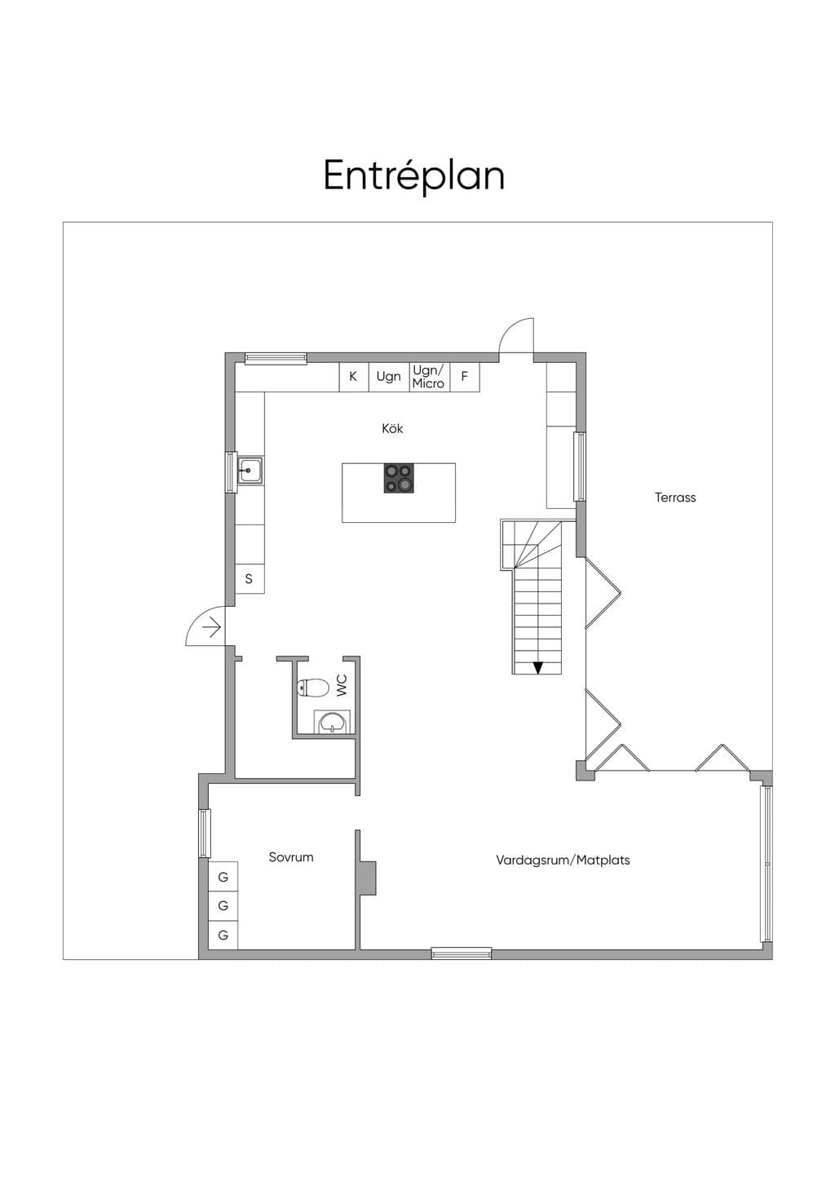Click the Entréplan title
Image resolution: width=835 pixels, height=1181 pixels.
pos(414,176)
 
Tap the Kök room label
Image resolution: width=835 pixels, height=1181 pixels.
pos(392,428)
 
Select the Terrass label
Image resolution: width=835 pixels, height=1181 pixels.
pos(675,498)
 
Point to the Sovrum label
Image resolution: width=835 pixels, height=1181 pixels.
pos(291,856)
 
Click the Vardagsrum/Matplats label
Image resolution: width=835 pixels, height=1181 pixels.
pos(563,860)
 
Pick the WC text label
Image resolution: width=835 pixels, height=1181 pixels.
pos(342,685)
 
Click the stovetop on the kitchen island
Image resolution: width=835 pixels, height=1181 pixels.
pos(399,478)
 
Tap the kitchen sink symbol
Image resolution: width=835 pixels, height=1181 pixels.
pos(250,471)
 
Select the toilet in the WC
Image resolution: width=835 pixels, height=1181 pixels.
pos(313,688)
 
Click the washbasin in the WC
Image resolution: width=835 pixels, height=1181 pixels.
pos(332,722)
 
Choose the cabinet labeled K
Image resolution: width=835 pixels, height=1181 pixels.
pos(354,377)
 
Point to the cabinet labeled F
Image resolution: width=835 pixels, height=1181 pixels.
pos(465,377)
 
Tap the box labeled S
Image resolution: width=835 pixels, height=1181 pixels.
pos(250,579)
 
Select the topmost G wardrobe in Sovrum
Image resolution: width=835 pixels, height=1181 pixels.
pos(223,877)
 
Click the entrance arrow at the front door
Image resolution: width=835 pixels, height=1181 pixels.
pos(212,627)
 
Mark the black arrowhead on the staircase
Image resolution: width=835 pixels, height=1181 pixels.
pos(537,668)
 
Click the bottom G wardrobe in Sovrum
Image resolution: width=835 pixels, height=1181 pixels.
pos(223,935)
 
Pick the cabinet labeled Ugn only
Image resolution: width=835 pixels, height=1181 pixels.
pos(389,377)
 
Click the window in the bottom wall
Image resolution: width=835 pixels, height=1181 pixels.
pos(462,953)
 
